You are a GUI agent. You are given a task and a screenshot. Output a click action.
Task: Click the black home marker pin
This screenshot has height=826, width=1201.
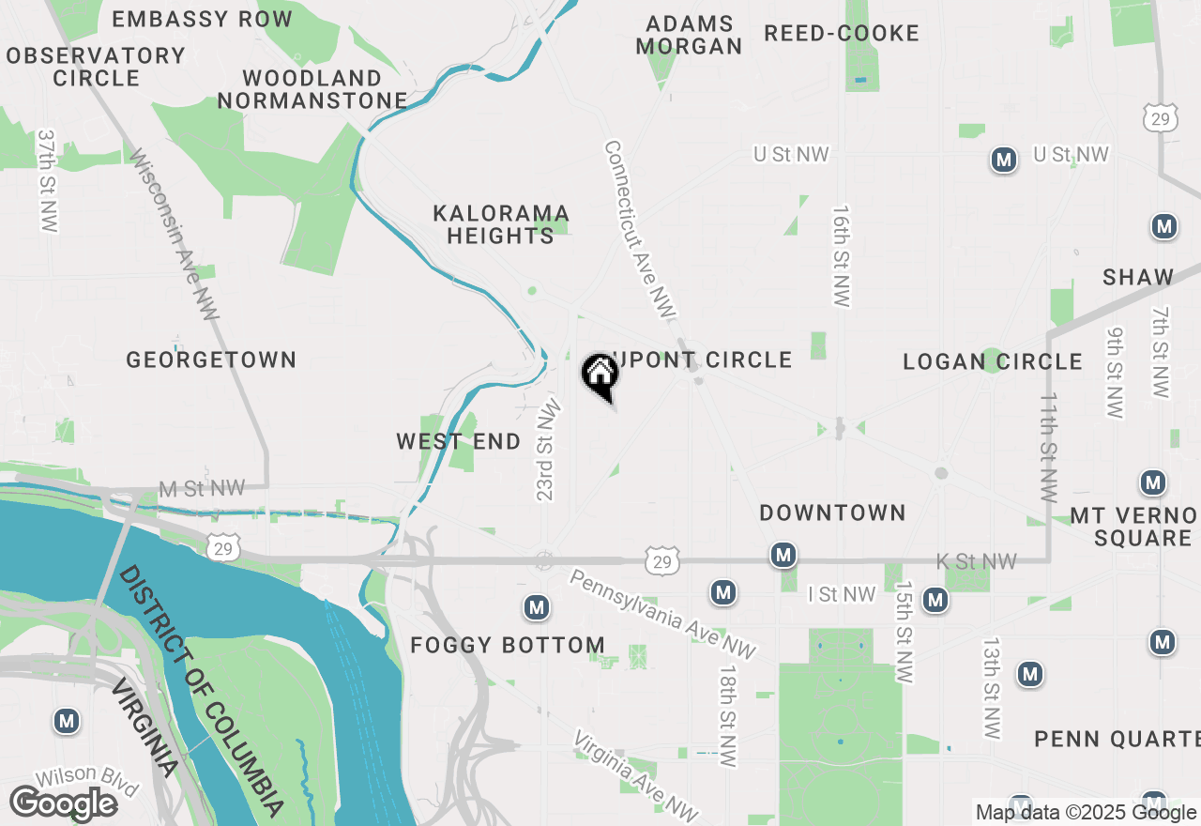click(x=600, y=375)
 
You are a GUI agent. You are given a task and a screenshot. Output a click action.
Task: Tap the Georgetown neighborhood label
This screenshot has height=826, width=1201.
click(x=211, y=359)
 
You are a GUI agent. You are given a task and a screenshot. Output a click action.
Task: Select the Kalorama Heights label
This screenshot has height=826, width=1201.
click(x=501, y=225)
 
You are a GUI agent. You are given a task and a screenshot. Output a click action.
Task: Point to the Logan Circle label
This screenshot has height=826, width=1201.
click(x=993, y=361)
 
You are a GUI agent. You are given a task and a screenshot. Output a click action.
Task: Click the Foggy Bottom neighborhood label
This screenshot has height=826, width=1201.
click(x=508, y=645)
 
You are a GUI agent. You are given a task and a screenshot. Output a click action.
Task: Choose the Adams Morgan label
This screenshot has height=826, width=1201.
click(x=689, y=35)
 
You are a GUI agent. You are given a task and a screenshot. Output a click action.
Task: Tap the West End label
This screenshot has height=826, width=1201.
click(x=458, y=441)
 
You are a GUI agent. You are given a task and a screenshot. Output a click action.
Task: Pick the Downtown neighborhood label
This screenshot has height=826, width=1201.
click(x=832, y=512)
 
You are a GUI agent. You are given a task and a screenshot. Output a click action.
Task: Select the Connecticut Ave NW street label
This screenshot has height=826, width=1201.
click(x=640, y=228)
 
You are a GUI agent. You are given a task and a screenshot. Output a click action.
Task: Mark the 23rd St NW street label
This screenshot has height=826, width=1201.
click(x=548, y=450)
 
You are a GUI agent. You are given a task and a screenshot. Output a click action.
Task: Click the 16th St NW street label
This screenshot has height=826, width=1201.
click(x=841, y=256)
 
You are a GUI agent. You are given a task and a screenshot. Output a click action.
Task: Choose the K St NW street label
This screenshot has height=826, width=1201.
click(x=976, y=561)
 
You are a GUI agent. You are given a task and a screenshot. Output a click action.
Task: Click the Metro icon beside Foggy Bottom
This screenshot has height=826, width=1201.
click(x=537, y=608)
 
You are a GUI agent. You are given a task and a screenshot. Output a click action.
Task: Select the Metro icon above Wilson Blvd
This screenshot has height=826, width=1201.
click(x=66, y=721)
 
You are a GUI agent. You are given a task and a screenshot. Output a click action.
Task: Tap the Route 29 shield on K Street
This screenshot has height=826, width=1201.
click(x=662, y=561)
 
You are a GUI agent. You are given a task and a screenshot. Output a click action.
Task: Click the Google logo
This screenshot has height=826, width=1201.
click(x=63, y=803)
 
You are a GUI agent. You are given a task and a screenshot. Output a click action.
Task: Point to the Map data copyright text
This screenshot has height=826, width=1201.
click(x=1086, y=813)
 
